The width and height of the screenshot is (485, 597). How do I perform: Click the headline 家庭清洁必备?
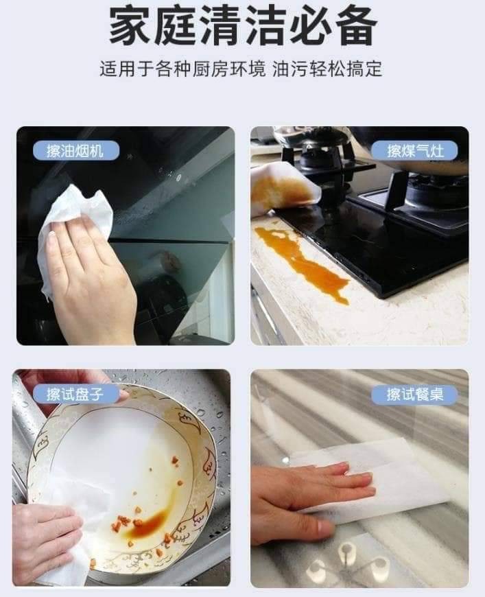[x=243, y=26]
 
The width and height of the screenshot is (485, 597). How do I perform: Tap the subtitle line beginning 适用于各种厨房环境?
[x=241, y=69]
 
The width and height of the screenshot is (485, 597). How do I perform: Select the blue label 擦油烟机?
[x=75, y=151]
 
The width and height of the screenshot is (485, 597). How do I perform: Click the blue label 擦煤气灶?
[x=415, y=151]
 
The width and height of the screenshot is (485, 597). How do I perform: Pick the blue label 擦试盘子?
[x=75, y=394]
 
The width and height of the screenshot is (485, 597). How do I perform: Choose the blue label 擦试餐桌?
[x=415, y=394]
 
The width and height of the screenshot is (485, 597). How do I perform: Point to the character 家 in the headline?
[x=128, y=26]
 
